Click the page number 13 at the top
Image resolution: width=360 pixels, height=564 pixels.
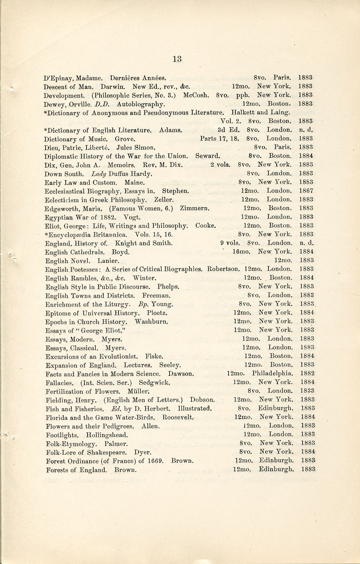pyautogui.click(x=177, y=59)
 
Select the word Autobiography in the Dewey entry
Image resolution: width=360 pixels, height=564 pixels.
pyautogui.click(x=140, y=104)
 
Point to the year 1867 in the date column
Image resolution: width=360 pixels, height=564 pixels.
pyautogui.click(x=306, y=191)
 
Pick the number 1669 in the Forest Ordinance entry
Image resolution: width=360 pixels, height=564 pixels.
pyautogui.click(x=155, y=461)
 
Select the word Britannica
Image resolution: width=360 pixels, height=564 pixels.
pyautogui.click(x=109, y=235)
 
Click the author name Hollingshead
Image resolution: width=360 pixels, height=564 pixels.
pyautogui.click(x=107, y=435)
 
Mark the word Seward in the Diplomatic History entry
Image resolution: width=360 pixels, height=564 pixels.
pyautogui.click(x=207, y=156)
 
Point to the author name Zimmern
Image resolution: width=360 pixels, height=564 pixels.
pyautogui.click(x=194, y=208)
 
